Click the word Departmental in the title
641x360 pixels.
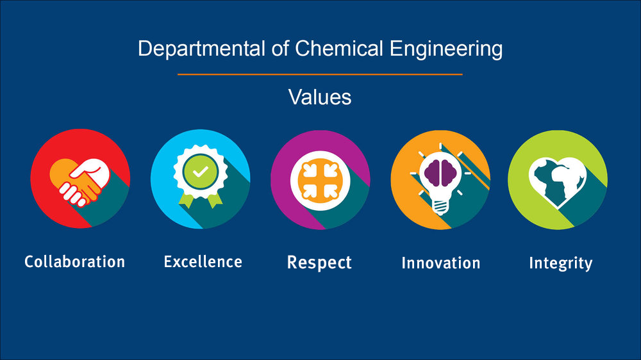(x=201, y=49)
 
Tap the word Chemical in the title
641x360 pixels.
(x=339, y=48)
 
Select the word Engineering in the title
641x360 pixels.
(x=446, y=49)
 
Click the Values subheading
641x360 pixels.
(x=320, y=97)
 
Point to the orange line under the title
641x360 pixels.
(x=320, y=74)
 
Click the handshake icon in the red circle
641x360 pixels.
(x=79, y=182)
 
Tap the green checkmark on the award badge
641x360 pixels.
(x=200, y=172)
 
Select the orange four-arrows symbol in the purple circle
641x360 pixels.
(x=320, y=180)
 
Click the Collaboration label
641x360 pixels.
(x=74, y=262)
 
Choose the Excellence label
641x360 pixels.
(x=203, y=262)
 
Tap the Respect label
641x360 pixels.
(x=319, y=263)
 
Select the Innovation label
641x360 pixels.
(x=441, y=263)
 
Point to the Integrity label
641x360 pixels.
(x=560, y=263)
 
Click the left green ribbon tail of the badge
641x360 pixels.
(x=186, y=200)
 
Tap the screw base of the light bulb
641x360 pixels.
(x=440, y=207)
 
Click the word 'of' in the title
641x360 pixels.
(x=280, y=48)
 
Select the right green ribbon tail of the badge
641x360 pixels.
(x=215, y=200)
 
